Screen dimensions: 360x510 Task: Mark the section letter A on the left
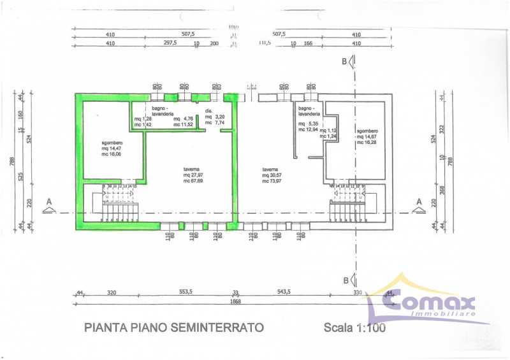tap(47, 203)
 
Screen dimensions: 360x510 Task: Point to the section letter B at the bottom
tap(344, 280)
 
